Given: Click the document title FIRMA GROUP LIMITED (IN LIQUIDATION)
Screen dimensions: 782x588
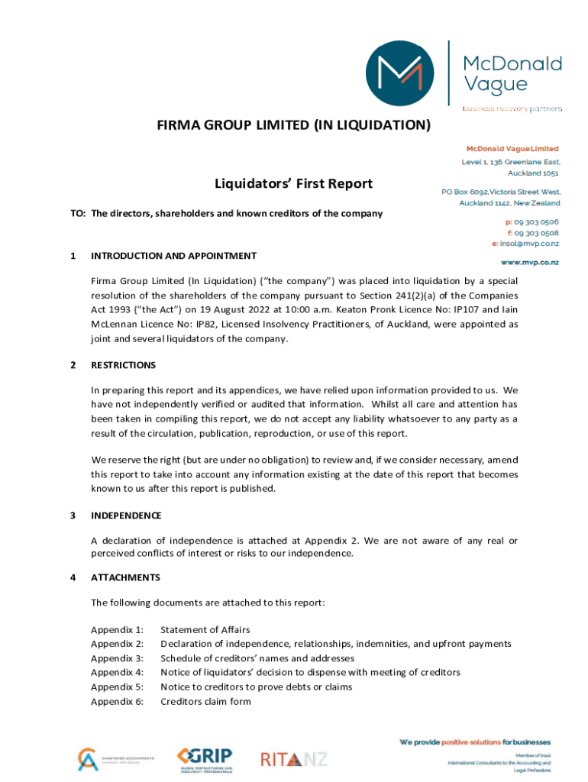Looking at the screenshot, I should pyautogui.click(x=294, y=124).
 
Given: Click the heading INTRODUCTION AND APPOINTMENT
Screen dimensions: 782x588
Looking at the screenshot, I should pyautogui.click(x=173, y=256).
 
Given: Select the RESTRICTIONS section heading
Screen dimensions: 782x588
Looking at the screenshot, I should pyautogui.click(x=123, y=365).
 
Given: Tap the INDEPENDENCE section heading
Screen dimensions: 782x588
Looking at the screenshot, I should pyautogui.click(x=126, y=515).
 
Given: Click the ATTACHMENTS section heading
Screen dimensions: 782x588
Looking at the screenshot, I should pyautogui.click(x=125, y=577).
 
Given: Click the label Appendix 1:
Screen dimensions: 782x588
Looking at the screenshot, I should pyautogui.click(x=117, y=630).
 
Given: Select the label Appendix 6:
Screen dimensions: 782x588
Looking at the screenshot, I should pyautogui.click(x=117, y=702).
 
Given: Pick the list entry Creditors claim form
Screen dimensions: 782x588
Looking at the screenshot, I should pyautogui.click(x=205, y=702).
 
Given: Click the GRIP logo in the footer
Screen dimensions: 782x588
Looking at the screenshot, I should pyautogui.click(x=204, y=758).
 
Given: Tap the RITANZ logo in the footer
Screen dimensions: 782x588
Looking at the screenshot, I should pyautogui.click(x=293, y=759).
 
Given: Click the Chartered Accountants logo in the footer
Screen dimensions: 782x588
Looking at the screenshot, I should pyautogui.click(x=115, y=759).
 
